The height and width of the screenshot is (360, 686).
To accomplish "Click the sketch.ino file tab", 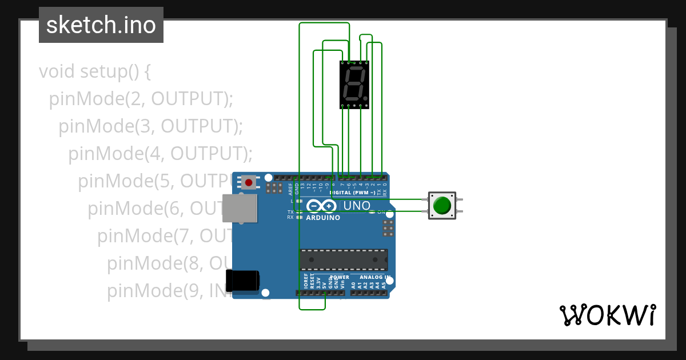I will tap(101, 25).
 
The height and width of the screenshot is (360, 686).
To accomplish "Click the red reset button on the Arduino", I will tap(249, 182).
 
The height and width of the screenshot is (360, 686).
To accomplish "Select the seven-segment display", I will tap(354, 84).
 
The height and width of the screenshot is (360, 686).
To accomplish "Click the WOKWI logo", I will tap(607, 315).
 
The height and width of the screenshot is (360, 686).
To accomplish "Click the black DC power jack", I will tap(242, 281).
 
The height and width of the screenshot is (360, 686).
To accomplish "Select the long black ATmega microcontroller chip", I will tap(344, 259).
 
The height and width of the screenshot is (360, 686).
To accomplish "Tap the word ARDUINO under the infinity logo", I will tap(323, 218).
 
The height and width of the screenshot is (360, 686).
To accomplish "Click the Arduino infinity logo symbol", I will tap(321, 206).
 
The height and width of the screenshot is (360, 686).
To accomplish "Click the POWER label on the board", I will tap(340, 277).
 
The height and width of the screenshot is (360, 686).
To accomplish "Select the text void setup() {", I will tap(95, 72).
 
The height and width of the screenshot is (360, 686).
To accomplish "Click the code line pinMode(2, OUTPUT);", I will tap(141, 99).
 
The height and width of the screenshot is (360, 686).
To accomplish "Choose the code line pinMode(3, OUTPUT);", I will tap(151, 126).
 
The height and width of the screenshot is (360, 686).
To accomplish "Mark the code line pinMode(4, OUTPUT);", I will tap(160, 154).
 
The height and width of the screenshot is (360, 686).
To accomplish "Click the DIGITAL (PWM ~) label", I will tap(352, 193).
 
